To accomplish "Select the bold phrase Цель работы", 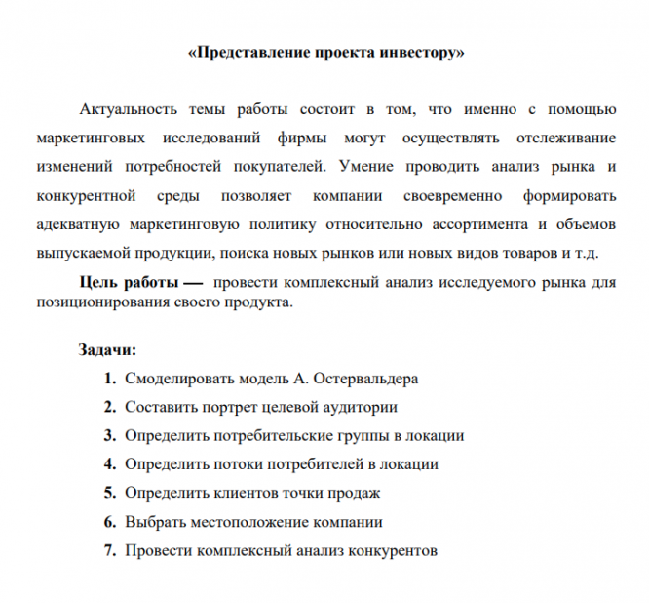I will [x=128, y=282].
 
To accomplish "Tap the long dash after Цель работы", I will [x=191, y=282].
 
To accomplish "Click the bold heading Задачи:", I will [x=107, y=349].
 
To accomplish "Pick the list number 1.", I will [x=109, y=378].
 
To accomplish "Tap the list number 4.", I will [x=109, y=464].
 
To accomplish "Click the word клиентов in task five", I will [x=233, y=493].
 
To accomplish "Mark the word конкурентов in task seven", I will [x=390, y=550].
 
